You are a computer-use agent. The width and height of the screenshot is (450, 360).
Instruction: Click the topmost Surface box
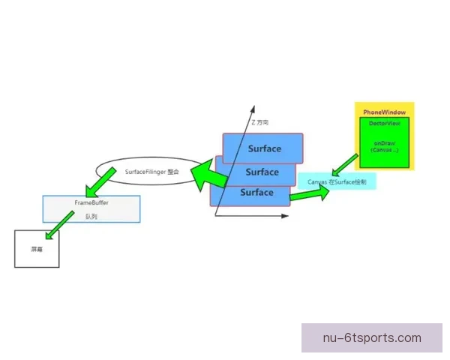[263, 148]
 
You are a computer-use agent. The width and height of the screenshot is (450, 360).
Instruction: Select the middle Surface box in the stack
[263, 172]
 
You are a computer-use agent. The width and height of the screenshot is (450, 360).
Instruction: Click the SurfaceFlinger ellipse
[150, 172]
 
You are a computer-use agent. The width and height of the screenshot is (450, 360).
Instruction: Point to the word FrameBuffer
[92, 203]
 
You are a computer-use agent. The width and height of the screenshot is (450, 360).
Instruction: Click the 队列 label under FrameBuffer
[91, 216]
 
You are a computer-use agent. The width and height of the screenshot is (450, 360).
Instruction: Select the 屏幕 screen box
[37, 249]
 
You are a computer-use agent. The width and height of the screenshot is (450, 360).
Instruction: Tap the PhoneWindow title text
[384, 112]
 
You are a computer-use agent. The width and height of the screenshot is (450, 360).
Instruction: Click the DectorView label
[384, 121]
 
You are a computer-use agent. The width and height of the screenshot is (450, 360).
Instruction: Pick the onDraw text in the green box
[383, 142]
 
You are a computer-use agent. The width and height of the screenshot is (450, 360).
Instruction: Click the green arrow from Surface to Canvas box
[308, 193]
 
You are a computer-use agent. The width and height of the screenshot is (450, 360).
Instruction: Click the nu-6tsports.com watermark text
[372, 337]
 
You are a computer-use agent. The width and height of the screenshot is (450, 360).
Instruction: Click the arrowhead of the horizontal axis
[285, 216]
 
